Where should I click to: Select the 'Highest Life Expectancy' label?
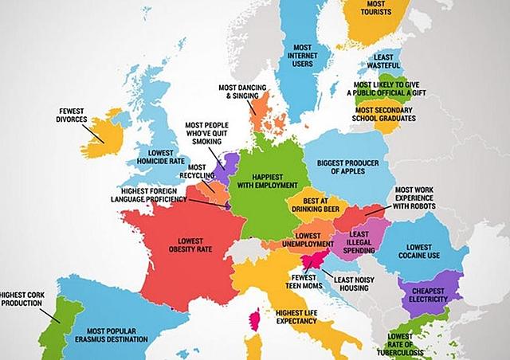pyautogui.click(x=295, y=316)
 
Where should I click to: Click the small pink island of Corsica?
pyautogui.click(x=255, y=320)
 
